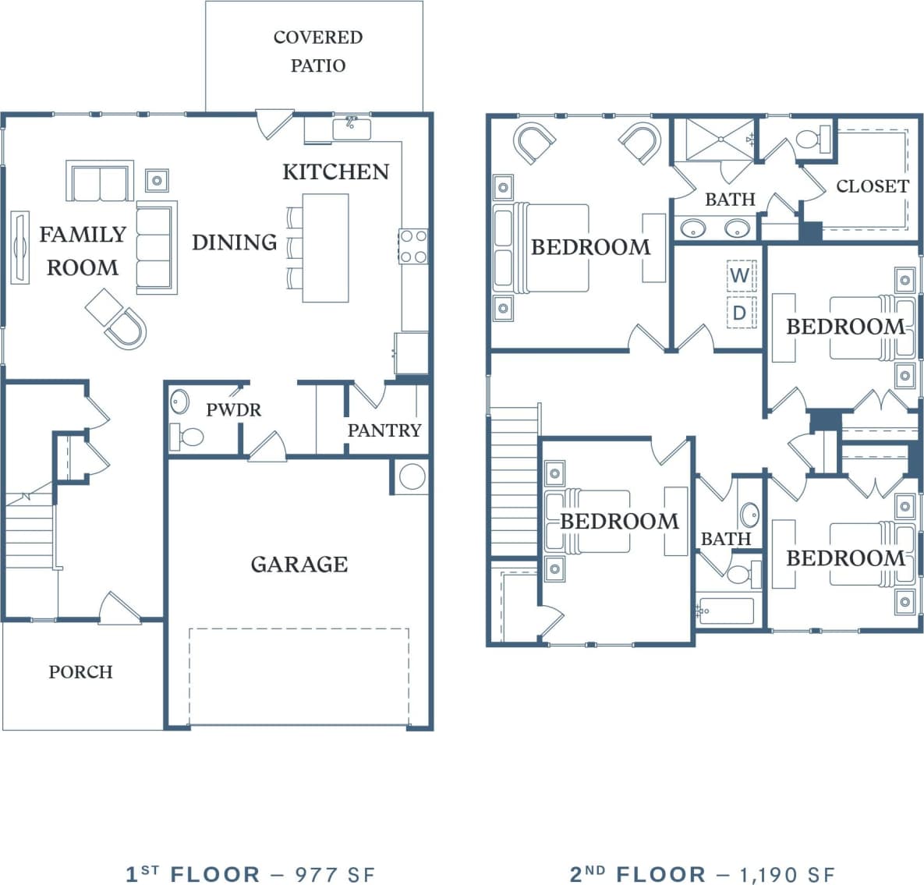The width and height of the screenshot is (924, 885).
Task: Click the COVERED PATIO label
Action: (x=317, y=51)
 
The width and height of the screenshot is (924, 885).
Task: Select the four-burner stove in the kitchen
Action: (x=412, y=246)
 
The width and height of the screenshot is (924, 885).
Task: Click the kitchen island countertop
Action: (x=325, y=248)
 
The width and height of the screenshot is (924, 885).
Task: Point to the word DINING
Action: (x=234, y=242)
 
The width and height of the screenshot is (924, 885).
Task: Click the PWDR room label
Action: (x=233, y=409)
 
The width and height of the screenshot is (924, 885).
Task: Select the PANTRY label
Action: (x=384, y=430)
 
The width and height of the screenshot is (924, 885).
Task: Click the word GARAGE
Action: (x=299, y=564)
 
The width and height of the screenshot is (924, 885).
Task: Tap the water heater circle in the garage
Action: (x=412, y=476)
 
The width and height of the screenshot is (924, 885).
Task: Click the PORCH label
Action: (x=80, y=671)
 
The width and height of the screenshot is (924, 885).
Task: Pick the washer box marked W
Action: (x=740, y=274)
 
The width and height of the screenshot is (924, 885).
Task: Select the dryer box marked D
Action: (x=740, y=313)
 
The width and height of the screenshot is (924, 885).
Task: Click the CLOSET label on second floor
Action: (x=872, y=186)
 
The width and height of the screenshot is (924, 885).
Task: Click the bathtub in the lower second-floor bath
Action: (x=726, y=611)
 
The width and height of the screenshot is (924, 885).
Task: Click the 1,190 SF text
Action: (x=787, y=874)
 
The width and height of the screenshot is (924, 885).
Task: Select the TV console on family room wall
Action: (x=19, y=246)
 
